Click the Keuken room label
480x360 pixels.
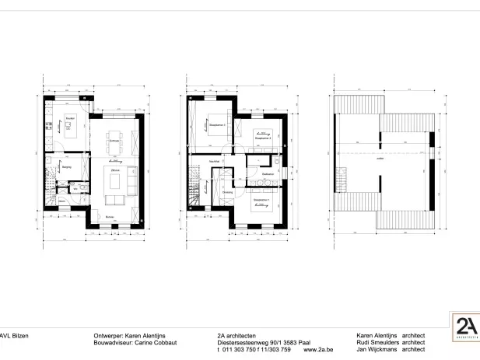[x=70, y=118]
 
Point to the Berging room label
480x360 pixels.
[x=67, y=166]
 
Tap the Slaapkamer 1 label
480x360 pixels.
[x=261, y=201]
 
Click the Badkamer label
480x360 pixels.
[x=267, y=173]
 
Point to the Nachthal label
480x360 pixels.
[x=214, y=161]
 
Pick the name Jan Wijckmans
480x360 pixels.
[x=376, y=350]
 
